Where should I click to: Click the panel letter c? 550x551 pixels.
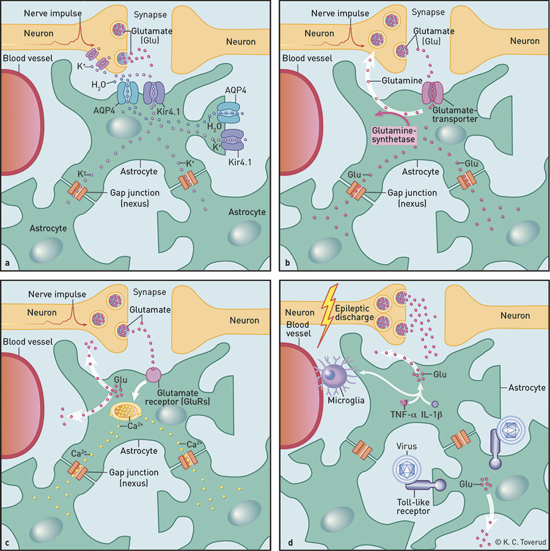[7, 541]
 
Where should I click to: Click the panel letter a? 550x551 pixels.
[7, 263]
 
